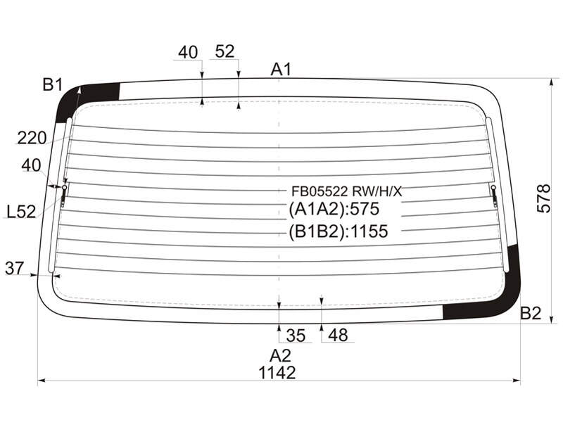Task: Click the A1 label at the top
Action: pyautogui.click(x=281, y=69)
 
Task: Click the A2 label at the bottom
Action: pyautogui.click(x=280, y=356)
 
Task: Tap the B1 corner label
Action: pyautogui.click(x=52, y=85)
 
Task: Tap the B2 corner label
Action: pyautogui.click(x=531, y=313)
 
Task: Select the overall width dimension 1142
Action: pyautogui.click(x=277, y=373)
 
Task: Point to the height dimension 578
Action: pyautogui.click(x=543, y=198)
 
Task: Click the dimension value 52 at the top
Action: pyautogui.click(x=224, y=51)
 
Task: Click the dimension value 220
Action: pyautogui.click(x=32, y=138)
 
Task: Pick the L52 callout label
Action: pyautogui.click(x=22, y=212)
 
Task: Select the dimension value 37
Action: pyautogui.click(x=14, y=268)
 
